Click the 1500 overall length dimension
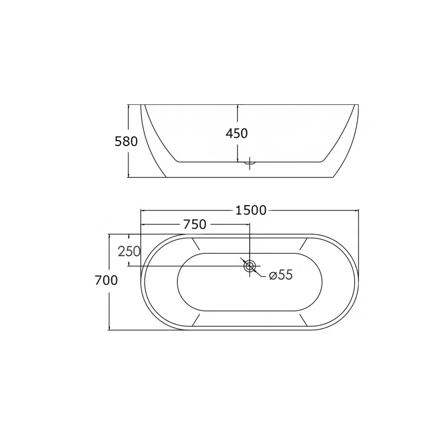251,211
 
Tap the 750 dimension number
195,224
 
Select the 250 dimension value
129,251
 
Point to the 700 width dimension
106,281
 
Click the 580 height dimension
126,142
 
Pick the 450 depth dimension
236,133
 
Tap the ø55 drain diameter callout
281,275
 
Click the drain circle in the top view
250,266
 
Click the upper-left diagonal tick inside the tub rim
196,244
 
